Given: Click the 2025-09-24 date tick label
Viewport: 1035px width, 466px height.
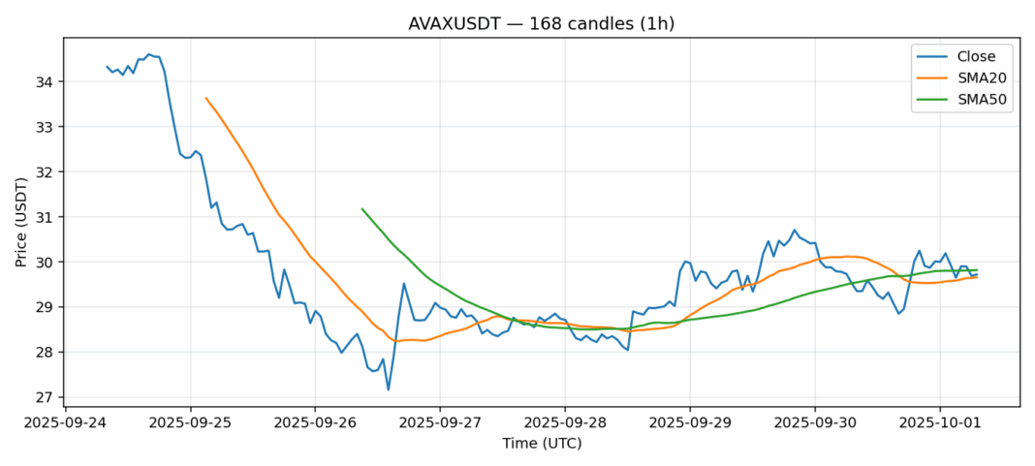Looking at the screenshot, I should pos(65,421).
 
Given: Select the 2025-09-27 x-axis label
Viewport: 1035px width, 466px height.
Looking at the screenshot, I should pos(439,421).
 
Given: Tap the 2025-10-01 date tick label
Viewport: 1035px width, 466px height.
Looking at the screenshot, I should pos(938,421).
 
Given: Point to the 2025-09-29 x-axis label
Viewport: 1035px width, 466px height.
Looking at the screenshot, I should pos(689,421).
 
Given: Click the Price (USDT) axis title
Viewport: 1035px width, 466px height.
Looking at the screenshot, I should pos(18,220).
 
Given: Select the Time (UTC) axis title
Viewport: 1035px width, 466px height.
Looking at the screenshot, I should pos(541,443).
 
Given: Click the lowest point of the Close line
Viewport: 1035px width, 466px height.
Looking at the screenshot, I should pos(389,389).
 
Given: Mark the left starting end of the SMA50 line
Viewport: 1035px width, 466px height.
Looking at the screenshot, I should pos(361,208).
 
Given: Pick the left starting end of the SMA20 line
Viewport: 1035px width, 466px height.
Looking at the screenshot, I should pos(205,98).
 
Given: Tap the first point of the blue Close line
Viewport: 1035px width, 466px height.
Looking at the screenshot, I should pos(107,67).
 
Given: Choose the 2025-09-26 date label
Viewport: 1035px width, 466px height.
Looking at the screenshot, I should pos(315,421).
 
